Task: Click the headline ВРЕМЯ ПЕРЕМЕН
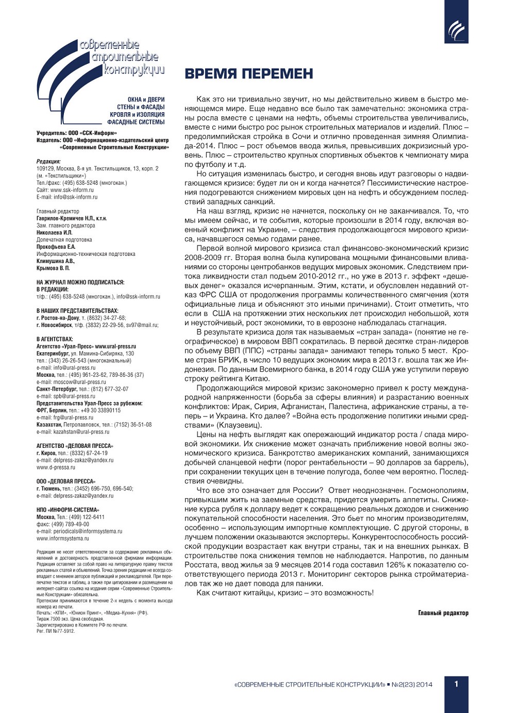pos(249,74)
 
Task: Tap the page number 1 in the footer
pos(456,684)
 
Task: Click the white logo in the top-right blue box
pos(456,30)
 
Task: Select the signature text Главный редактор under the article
pos(443,613)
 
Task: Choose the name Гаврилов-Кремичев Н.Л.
pos(65,218)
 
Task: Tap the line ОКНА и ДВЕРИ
pos(146,100)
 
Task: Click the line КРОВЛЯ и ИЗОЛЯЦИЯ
pos(137,115)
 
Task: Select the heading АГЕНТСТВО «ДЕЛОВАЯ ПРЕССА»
pos(75,446)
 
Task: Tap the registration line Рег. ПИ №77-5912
pos(55,631)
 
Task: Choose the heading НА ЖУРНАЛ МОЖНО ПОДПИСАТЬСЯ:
pos(80,282)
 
